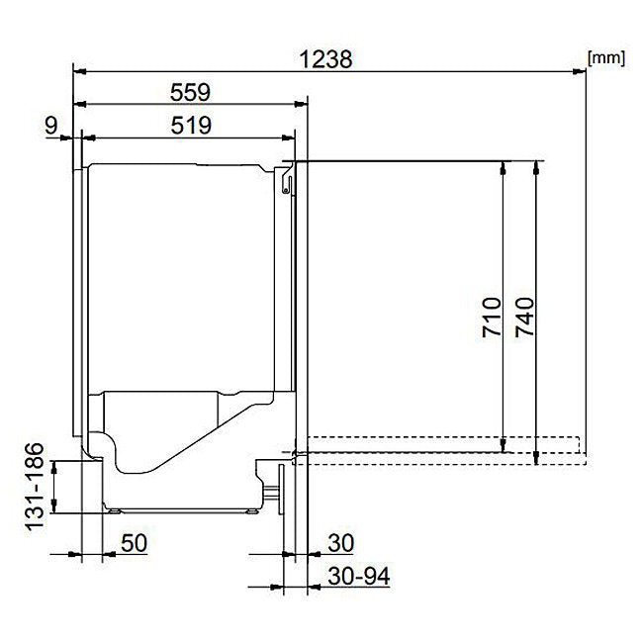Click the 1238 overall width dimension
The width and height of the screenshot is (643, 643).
[x=325, y=59]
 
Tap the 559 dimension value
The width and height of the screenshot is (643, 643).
[x=190, y=92]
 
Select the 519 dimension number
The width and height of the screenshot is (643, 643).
[x=191, y=126]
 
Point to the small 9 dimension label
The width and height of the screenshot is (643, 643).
[x=51, y=126]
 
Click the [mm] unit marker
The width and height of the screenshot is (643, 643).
[x=606, y=57]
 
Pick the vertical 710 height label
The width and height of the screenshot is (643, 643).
[x=492, y=317]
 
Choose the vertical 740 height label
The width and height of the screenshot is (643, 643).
[x=525, y=317]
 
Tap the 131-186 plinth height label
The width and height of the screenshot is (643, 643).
[x=35, y=487]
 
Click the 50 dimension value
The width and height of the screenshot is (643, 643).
[x=134, y=543]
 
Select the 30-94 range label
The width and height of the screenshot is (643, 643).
[x=359, y=576]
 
